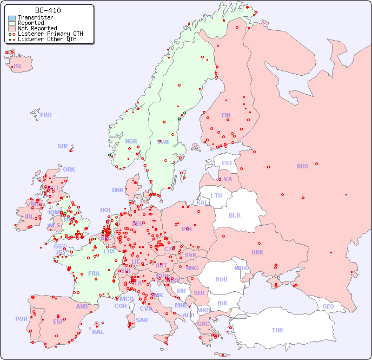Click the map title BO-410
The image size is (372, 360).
[48, 10]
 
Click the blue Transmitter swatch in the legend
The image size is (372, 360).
[12, 18]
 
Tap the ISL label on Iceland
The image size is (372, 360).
[18, 67]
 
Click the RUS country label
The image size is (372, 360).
[302, 166]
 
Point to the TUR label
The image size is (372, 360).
[277, 330]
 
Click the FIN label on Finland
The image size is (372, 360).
[226, 115]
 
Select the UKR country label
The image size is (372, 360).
[257, 252]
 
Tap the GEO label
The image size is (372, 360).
[328, 306]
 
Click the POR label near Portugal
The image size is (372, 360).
[21, 319]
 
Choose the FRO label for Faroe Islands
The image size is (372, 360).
[45, 115]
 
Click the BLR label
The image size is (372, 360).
[234, 215]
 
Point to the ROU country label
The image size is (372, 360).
[221, 279]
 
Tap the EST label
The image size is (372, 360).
[227, 163]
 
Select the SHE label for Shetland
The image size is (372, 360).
[63, 146]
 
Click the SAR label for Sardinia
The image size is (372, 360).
[142, 320]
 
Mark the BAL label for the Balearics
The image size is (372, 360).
[98, 332]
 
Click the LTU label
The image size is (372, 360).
[216, 195]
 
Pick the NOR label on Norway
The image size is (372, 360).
[131, 141]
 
